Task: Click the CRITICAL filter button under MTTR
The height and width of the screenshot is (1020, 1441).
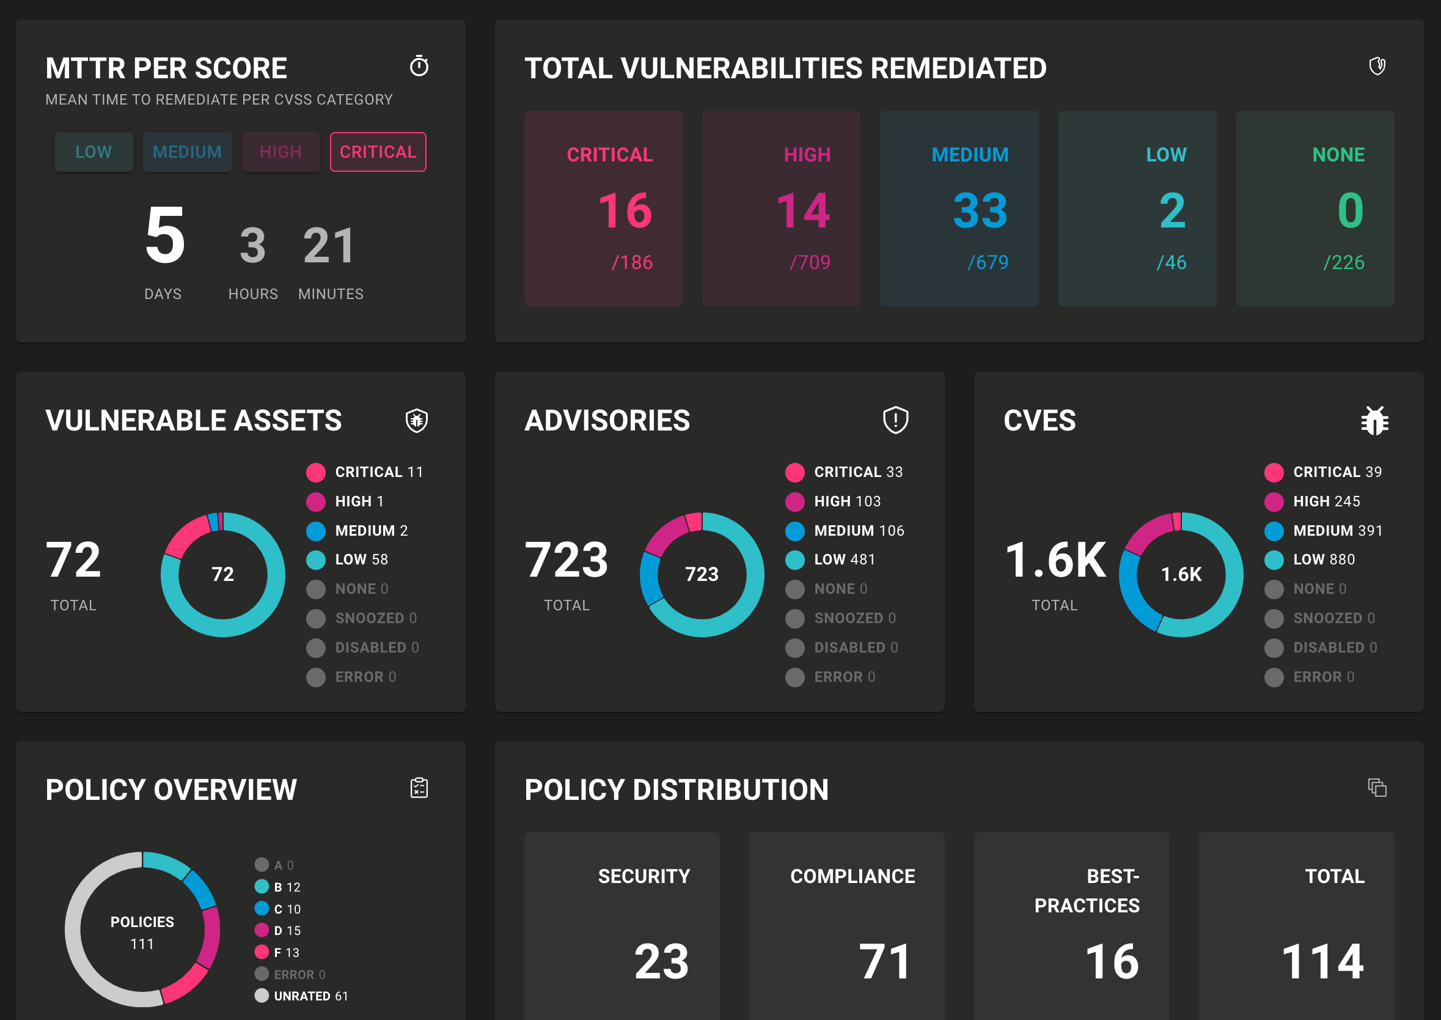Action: (x=378, y=152)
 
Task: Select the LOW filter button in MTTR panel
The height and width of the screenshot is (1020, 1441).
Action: (x=94, y=152)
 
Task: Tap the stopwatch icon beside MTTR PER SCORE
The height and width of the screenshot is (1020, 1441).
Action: (x=419, y=66)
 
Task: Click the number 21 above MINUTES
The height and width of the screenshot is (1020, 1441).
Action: (x=329, y=246)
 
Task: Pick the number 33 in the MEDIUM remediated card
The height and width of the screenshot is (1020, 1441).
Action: (x=980, y=210)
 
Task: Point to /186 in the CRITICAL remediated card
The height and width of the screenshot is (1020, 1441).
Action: (x=632, y=262)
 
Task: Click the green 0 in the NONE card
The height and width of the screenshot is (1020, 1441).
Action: (x=1350, y=210)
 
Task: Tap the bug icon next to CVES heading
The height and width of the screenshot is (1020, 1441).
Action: (x=1374, y=420)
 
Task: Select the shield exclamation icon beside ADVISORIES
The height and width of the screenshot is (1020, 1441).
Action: (x=896, y=419)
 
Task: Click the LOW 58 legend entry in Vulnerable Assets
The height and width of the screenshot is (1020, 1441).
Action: (x=361, y=560)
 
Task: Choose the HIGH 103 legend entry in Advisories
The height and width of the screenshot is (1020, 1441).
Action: (x=846, y=501)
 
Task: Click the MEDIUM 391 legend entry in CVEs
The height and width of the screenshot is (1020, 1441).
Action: (x=1337, y=531)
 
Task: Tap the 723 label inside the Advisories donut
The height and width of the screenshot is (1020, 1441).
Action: (x=702, y=574)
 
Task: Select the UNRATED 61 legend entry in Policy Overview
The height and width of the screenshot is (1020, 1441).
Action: (x=310, y=996)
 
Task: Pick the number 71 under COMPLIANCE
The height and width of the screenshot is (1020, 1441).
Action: (x=884, y=961)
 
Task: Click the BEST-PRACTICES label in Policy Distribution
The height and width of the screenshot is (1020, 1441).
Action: (x=1088, y=890)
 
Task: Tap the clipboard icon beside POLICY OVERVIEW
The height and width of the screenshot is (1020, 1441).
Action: (x=419, y=788)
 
